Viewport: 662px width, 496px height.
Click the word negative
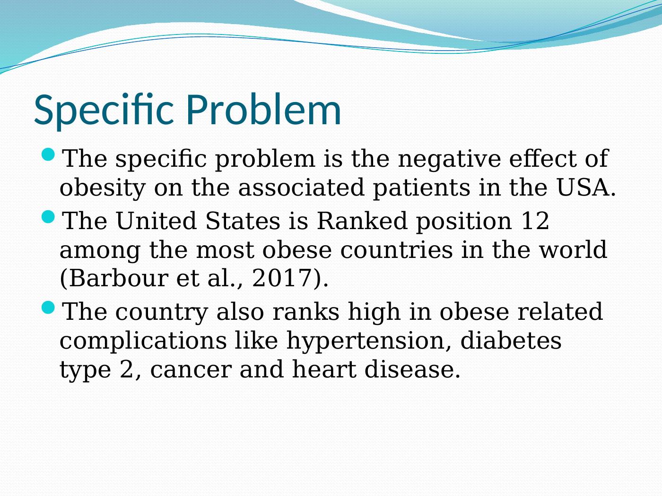click(449, 159)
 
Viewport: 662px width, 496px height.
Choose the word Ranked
click(362, 220)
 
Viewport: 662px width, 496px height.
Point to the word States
click(243, 221)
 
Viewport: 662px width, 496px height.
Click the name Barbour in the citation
click(114, 278)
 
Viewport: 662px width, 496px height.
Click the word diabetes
click(511, 341)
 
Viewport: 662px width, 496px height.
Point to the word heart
click(324, 369)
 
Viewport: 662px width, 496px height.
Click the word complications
click(143, 341)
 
